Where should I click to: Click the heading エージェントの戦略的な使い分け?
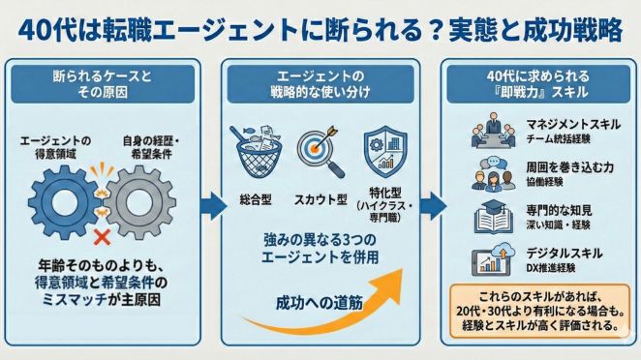[x=320, y=83]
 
